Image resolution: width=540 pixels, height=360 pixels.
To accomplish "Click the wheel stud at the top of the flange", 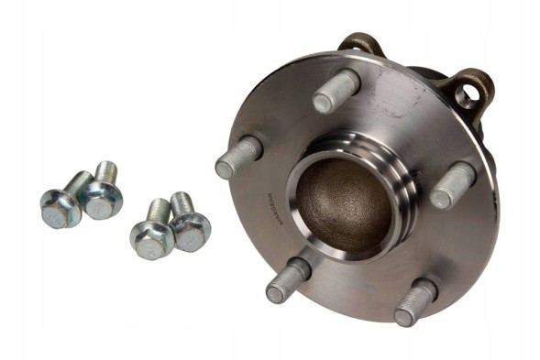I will click(336, 91).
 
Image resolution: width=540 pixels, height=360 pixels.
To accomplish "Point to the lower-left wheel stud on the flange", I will click(288, 280).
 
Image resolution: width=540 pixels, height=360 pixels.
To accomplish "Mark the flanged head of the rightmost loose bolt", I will click(191, 232).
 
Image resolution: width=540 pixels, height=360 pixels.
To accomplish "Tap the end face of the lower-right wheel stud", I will click(404, 317).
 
